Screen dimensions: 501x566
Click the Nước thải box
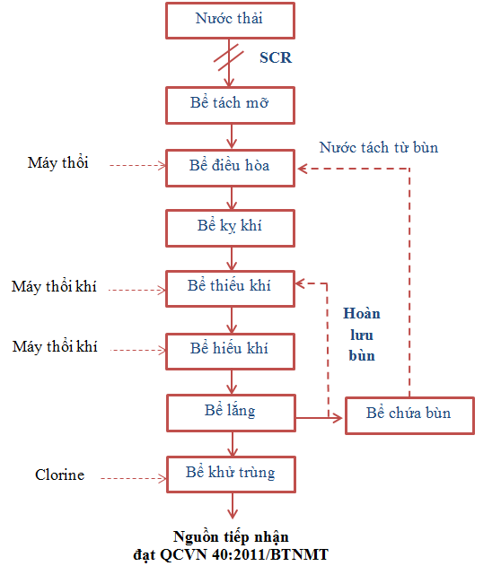point(230,21)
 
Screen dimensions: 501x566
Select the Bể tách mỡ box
point(230,105)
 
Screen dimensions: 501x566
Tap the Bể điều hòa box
point(230,169)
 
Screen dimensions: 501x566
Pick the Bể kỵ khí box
point(230,228)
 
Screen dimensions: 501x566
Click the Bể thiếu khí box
point(230,289)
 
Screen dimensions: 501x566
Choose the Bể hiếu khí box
point(230,352)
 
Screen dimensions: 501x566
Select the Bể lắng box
point(231,413)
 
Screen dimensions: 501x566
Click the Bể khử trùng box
point(231,475)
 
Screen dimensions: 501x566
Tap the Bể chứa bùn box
point(409,415)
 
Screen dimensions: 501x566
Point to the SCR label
point(276,57)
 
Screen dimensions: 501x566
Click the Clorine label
point(59,475)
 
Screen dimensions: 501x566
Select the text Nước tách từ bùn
point(379,147)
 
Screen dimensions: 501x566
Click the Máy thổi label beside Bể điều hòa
point(57,162)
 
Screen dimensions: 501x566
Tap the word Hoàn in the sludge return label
point(362,313)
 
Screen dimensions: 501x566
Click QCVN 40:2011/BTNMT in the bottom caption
point(244,554)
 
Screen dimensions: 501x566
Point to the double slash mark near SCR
point(228,57)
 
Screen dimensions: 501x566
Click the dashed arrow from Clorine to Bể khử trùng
point(133,478)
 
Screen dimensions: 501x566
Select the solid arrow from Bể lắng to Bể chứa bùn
point(319,418)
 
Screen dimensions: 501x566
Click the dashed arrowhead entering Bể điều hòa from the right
point(303,169)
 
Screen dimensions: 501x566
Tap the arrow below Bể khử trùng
point(233,506)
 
